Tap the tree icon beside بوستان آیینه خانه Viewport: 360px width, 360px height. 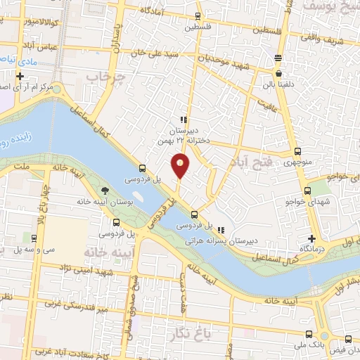tap(105, 191)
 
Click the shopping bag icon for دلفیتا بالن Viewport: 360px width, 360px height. tap(279, 73)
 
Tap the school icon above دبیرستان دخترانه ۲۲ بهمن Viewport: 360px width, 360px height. tap(184, 120)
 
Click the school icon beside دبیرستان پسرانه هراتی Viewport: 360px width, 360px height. tap(221, 230)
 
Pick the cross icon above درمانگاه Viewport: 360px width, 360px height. tap(310, 238)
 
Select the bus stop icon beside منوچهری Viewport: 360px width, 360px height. tap(297, 151)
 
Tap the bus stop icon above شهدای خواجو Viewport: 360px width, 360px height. tap(307, 191)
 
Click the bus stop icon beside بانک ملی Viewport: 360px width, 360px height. tap(311, 334)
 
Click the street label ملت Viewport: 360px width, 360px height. tap(20, 167)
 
